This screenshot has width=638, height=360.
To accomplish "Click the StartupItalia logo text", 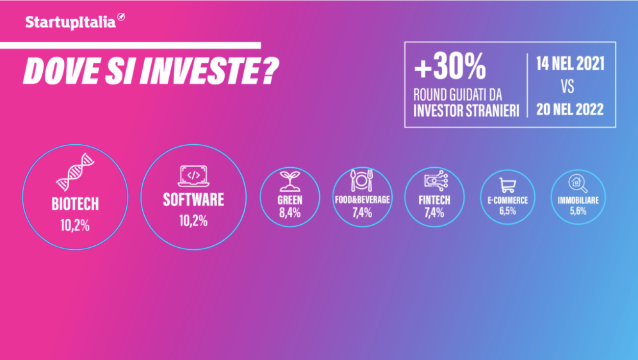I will (x=70, y=22).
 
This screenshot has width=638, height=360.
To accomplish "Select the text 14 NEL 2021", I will (x=566, y=64).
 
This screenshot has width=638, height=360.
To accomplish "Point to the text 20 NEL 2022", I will (x=566, y=108).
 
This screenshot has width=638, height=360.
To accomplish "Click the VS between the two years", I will (x=566, y=86).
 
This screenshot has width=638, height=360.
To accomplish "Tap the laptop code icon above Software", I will (x=193, y=174).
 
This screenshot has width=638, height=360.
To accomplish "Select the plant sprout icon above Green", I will (x=290, y=181).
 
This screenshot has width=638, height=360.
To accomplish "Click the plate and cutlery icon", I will (x=362, y=181).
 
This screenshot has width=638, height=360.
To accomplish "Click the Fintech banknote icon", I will (x=434, y=181).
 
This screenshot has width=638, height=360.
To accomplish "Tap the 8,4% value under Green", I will (x=290, y=213).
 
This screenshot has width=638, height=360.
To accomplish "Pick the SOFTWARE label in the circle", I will (x=193, y=200).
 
